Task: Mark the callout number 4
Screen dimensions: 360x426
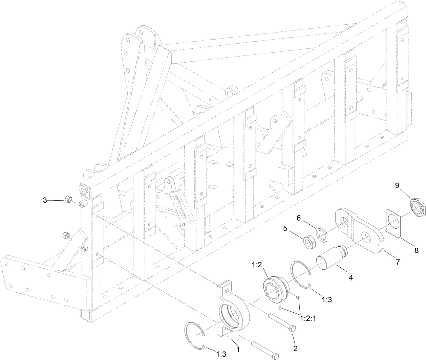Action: [351, 278]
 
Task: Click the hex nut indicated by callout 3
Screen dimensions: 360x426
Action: [68, 200]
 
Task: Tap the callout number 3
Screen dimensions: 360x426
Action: [45, 200]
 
